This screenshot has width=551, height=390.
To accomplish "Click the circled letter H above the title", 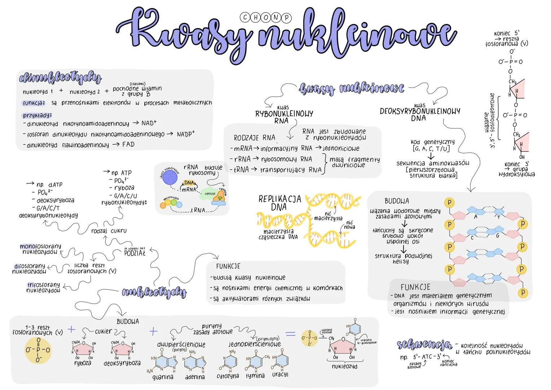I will tap(255, 17).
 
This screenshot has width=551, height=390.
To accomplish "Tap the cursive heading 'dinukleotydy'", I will tap(60, 78).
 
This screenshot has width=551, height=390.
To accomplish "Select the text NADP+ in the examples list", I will tap(185, 134).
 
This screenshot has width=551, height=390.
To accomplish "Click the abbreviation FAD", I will tap(128, 144).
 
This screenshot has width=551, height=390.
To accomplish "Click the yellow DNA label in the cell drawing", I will tap(189, 183).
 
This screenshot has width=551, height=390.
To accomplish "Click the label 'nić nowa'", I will tap(349, 225).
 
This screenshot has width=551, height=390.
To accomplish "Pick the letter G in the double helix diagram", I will tap(498, 235).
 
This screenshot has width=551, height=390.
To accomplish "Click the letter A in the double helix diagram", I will tap(476, 217).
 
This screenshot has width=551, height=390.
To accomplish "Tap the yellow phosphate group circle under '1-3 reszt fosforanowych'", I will tap(38, 349).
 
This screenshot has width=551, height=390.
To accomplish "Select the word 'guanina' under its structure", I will tap(162, 377).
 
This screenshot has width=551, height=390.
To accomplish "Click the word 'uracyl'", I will tap(280, 374).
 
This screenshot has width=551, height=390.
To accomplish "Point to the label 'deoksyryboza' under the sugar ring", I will tap(122, 363).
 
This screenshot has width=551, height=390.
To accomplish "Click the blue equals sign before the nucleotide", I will tap(290, 334).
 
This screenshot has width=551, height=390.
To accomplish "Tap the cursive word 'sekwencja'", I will tap(424, 345).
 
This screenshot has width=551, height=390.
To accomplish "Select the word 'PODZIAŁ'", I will tap(135, 253).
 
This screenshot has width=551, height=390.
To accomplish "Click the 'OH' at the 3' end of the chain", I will tap(521, 157).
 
